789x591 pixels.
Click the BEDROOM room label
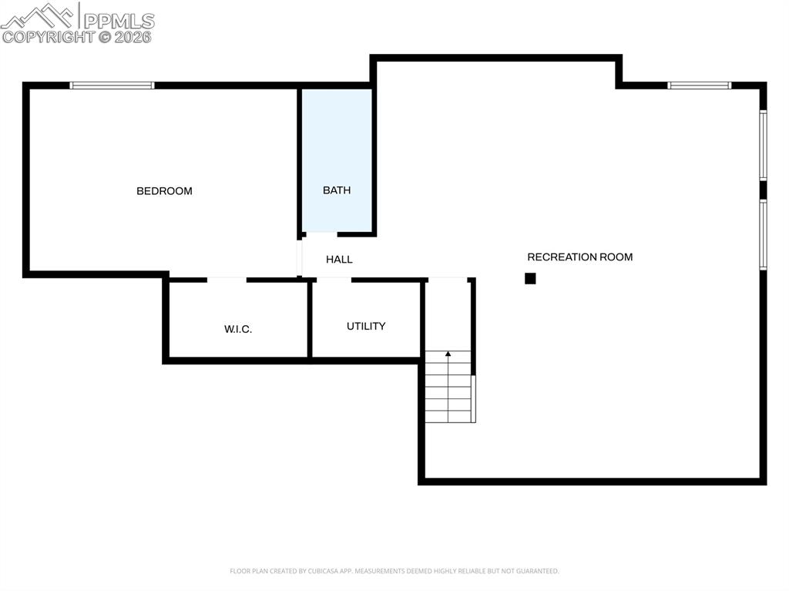click(x=164, y=191)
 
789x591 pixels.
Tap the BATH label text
click(x=337, y=190)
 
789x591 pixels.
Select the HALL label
click(x=339, y=260)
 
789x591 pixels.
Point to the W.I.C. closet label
click(x=238, y=329)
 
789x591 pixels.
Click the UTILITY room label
click(x=366, y=326)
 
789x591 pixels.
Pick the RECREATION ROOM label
click(x=579, y=257)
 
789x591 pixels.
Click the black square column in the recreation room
click(x=530, y=278)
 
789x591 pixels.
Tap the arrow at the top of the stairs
click(x=448, y=354)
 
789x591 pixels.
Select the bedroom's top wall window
click(x=112, y=85)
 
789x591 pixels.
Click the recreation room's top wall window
click(x=699, y=85)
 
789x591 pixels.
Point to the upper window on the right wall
click(x=763, y=145)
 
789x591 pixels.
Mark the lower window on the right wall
click(x=763, y=234)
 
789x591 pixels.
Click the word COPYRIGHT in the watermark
click(x=48, y=36)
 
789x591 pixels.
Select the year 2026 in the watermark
click(x=133, y=36)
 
